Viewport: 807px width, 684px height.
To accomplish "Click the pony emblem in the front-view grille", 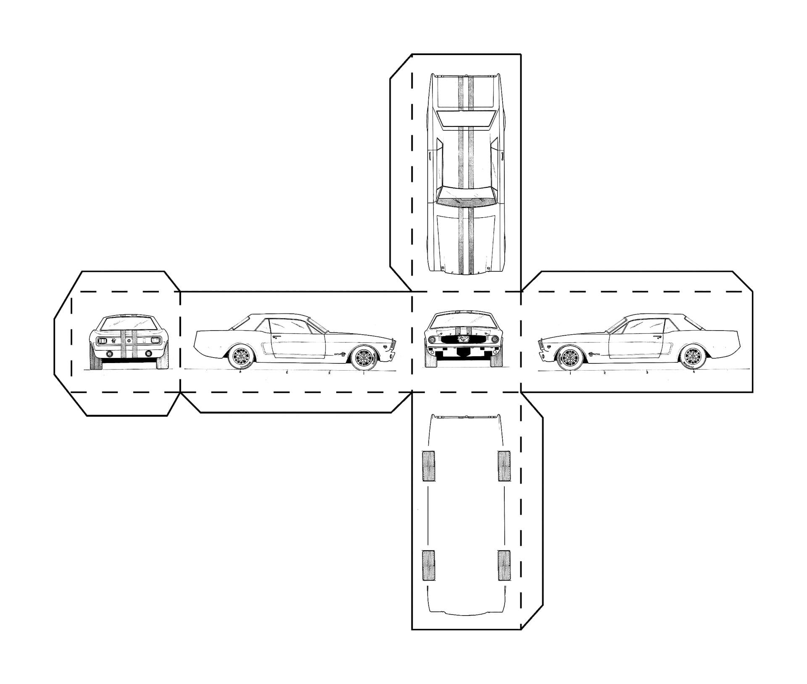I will point(464,339).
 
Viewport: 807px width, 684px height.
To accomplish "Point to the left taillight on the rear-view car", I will point(102,341).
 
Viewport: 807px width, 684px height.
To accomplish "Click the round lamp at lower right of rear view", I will point(148,354).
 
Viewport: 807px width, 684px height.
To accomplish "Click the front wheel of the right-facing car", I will point(363,357).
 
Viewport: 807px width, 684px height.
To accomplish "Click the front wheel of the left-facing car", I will point(570,357).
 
